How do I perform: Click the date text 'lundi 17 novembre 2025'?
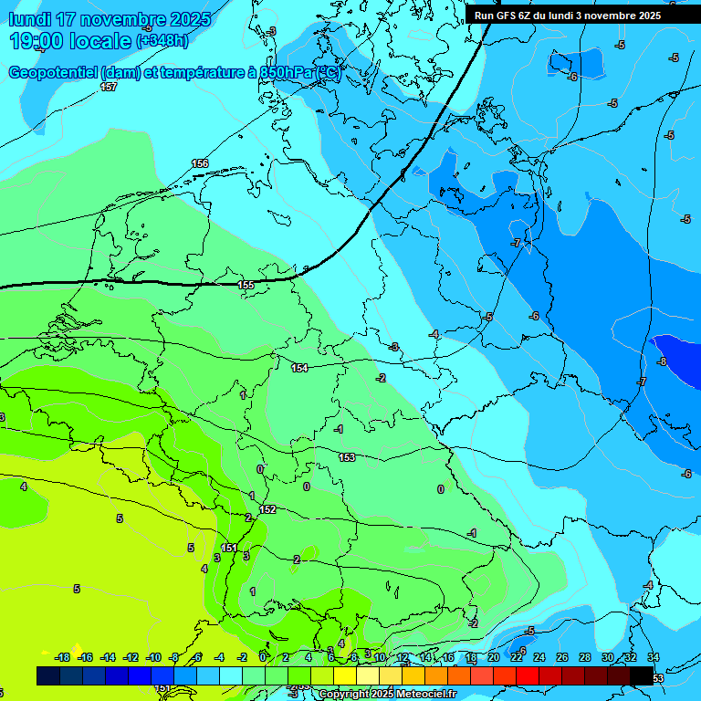point(110,19)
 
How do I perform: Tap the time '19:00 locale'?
point(71,40)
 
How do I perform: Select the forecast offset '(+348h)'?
point(162,41)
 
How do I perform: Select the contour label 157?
point(109,87)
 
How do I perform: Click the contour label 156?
point(200,163)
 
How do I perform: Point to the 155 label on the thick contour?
point(246,286)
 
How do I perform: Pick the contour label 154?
point(299,368)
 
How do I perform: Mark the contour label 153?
point(347,457)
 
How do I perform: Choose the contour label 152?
point(267,510)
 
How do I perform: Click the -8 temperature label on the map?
point(662,361)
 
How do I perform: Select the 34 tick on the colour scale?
point(654,657)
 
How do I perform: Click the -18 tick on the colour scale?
point(62,657)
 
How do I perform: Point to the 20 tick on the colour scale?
point(493,657)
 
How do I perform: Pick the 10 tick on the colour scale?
point(380,657)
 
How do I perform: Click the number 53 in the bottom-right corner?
point(658,679)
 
